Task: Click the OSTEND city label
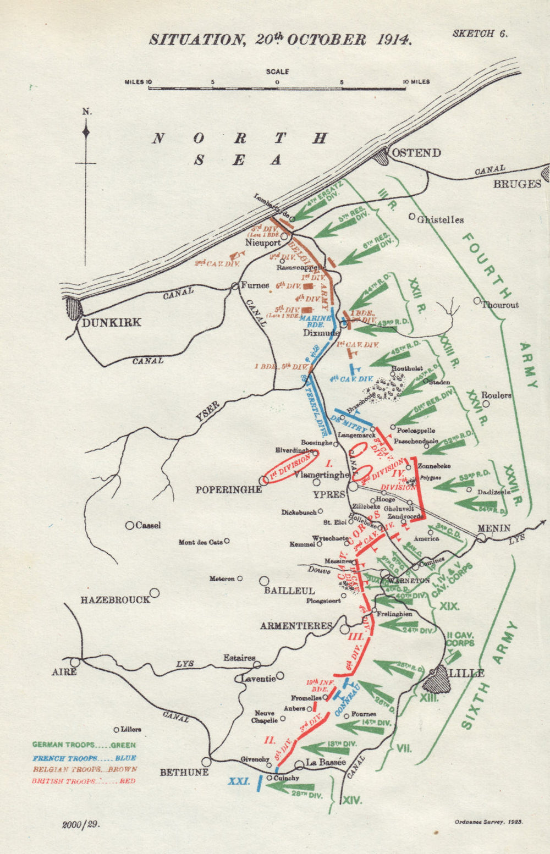point(416,152)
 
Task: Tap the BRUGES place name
point(517,184)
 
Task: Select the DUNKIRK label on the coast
point(112,322)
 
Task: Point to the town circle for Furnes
point(235,285)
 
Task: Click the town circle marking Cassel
point(130,526)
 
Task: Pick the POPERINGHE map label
point(229,489)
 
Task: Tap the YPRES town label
point(329,494)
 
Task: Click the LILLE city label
point(466,673)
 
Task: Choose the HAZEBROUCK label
point(115,600)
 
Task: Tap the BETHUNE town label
point(184,772)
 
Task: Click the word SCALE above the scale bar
point(277,71)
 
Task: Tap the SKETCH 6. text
point(480,34)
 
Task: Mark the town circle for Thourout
point(477,301)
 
